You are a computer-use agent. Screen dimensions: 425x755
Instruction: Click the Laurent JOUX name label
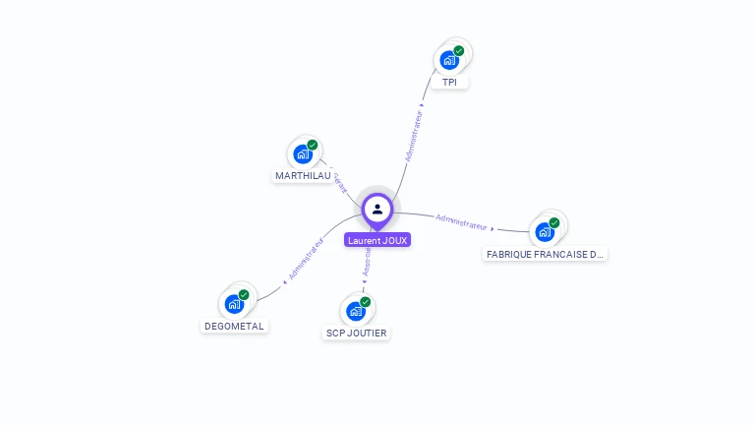377,240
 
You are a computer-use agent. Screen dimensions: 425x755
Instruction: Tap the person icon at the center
377,209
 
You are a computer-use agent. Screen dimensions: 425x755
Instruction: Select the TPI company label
449,83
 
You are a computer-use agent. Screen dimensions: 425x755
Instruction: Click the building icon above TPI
448,60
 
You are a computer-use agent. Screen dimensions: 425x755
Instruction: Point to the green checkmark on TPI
459,50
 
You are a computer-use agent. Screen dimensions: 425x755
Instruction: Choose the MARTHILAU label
303,176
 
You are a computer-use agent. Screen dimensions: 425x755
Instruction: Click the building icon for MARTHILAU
303,154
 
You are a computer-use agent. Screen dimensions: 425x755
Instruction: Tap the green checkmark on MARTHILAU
313,146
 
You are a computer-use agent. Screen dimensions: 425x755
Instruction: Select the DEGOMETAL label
234,327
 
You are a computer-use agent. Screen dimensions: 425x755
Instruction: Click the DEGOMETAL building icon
234,304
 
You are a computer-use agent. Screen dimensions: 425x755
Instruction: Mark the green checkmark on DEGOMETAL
244,294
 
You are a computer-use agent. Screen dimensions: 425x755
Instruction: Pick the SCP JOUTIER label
356,334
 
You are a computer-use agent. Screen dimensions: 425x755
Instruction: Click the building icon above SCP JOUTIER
356,311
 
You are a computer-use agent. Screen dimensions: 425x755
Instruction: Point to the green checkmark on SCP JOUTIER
366,302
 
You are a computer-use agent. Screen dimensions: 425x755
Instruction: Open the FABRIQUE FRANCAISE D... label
546,254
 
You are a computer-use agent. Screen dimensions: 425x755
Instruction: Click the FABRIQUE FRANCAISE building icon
545,232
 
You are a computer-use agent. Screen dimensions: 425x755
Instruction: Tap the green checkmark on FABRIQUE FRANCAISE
554,222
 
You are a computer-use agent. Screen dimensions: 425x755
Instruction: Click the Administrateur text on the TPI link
414,135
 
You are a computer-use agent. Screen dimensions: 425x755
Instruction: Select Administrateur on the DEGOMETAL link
306,259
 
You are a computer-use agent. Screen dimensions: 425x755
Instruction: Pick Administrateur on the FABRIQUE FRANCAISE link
462,221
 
